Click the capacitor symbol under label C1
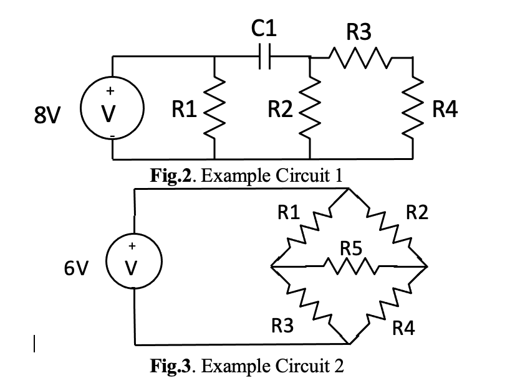click(265, 57)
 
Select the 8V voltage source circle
click(112, 113)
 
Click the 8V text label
click(48, 116)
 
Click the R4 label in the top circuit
click(445, 111)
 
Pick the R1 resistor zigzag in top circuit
click(214, 108)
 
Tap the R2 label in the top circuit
click(279, 111)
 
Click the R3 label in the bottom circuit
click(282, 325)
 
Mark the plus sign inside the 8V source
click(112, 92)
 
